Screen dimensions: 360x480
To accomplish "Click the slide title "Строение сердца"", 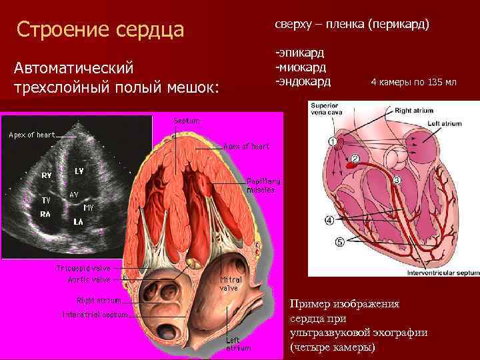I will (x=100, y=29).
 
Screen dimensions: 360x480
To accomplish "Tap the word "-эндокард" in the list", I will (x=303, y=81).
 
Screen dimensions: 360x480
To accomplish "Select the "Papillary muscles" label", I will (x=263, y=185).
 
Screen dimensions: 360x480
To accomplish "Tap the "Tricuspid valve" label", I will (x=83, y=268).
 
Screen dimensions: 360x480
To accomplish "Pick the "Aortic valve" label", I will (x=89, y=279).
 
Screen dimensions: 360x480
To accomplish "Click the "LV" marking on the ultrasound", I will (x=79, y=171).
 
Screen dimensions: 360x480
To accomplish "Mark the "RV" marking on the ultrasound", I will (x=47, y=175).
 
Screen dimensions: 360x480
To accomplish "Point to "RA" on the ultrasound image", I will (x=45, y=215).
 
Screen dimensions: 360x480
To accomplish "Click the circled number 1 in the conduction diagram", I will (x=332, y=141).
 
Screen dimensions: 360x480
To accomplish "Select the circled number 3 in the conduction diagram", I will (x=397, y=180).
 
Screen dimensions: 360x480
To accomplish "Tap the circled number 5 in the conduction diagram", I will (x=340, y=241).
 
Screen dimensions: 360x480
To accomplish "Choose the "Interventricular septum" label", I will (x=433, y=271).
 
